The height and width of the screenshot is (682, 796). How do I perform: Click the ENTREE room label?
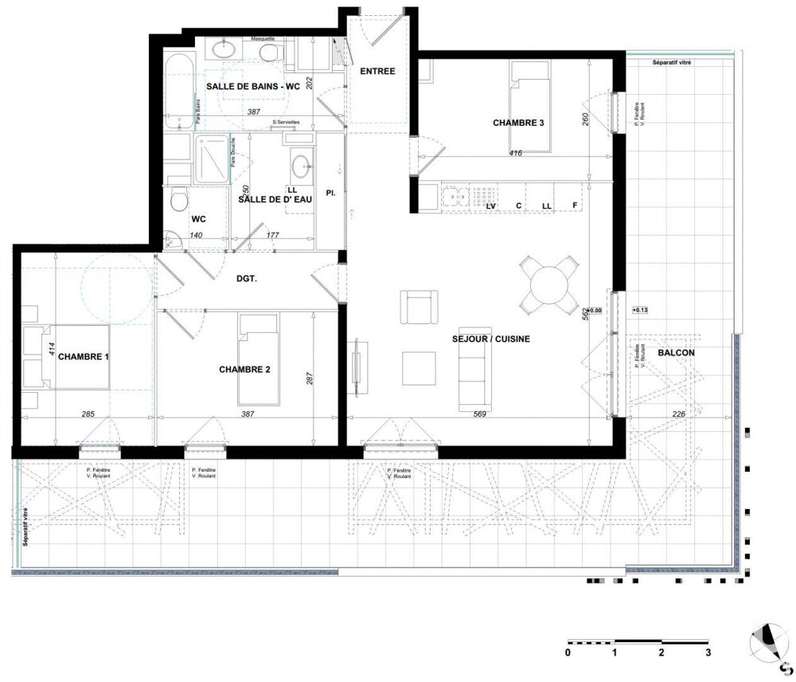(377, 72)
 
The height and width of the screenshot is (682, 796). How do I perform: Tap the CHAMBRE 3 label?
(518, 123)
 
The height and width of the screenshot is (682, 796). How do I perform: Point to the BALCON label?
(676, 353)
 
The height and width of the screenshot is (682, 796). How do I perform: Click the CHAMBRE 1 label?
(84, 356)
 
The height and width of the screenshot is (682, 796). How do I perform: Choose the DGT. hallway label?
(250, 279)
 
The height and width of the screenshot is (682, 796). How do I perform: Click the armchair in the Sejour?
(419, 308)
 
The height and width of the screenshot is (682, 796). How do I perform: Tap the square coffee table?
(419, 368)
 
